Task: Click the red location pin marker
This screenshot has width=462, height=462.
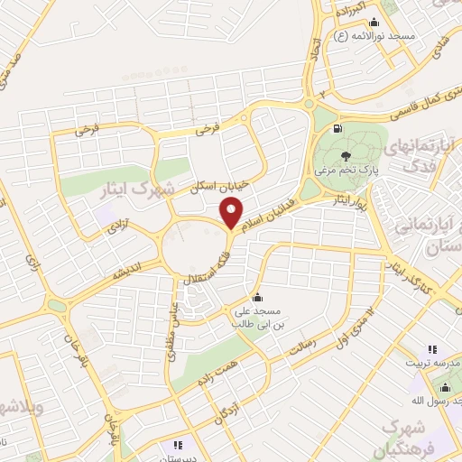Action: [232, 213]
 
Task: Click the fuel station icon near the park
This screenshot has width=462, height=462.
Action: [337, 130]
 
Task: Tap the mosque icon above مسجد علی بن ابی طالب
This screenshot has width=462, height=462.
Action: [258, 298]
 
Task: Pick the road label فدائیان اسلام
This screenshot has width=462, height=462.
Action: [270, 207]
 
